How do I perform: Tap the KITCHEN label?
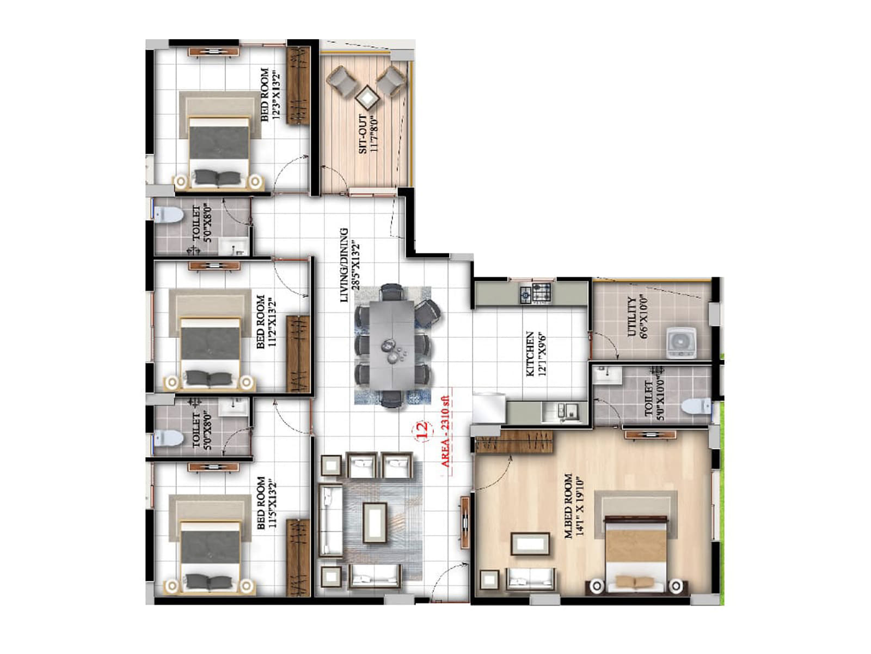pyautogui.click(x=530, y=354)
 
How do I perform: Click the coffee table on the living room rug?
pyautogui.click(x=375, y=522)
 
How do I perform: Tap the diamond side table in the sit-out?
pyautogui.click(x=367, y=98)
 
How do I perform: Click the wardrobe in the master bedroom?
pyautogui.click(x=514, y=441)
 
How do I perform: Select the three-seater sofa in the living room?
pyautogui.click(x=330, y=520)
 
